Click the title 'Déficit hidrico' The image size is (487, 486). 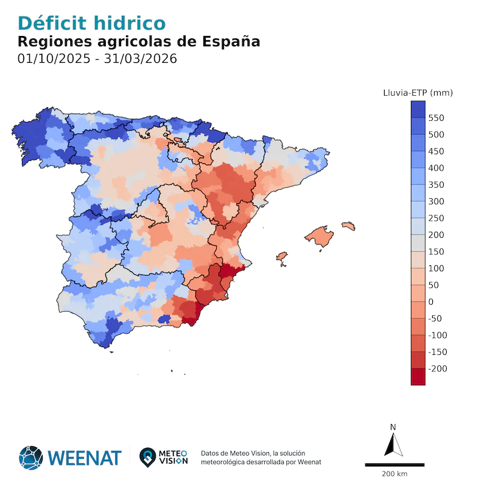click(92, 23)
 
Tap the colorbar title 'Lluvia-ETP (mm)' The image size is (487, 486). click(418, 93)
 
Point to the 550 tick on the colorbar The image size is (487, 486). click(436, 118)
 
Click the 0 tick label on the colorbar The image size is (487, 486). click(431, 302)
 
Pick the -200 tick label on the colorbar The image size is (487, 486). click(438, 369)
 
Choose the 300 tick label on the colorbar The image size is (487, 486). click(436, 201)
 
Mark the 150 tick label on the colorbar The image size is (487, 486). click(436, 252)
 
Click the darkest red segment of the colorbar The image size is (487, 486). click(418, 377)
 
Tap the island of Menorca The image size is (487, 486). click(348, 225)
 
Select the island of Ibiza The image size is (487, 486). click(282, 257)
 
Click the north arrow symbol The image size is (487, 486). click(393, 445)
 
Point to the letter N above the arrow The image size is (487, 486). click(393, 427)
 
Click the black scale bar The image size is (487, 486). click(394, 465)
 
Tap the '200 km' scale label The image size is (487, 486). click(394, 474)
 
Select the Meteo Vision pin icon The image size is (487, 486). click(147, 456)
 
